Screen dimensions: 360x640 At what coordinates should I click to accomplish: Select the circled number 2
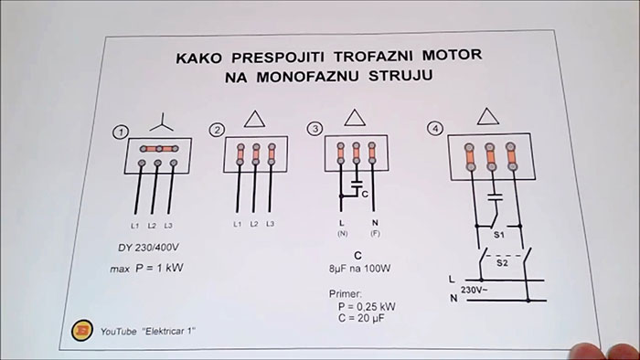[217, 131]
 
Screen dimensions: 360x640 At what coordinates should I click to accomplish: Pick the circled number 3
[315, 131]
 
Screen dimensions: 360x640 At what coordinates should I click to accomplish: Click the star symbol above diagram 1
[161, 119]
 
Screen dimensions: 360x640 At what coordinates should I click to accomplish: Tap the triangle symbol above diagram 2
[256, 118]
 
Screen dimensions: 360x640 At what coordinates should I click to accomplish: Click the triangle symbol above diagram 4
[489, 114]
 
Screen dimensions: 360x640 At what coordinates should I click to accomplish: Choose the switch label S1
[499, 234]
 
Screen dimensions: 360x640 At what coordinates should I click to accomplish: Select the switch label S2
[499, 261]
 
